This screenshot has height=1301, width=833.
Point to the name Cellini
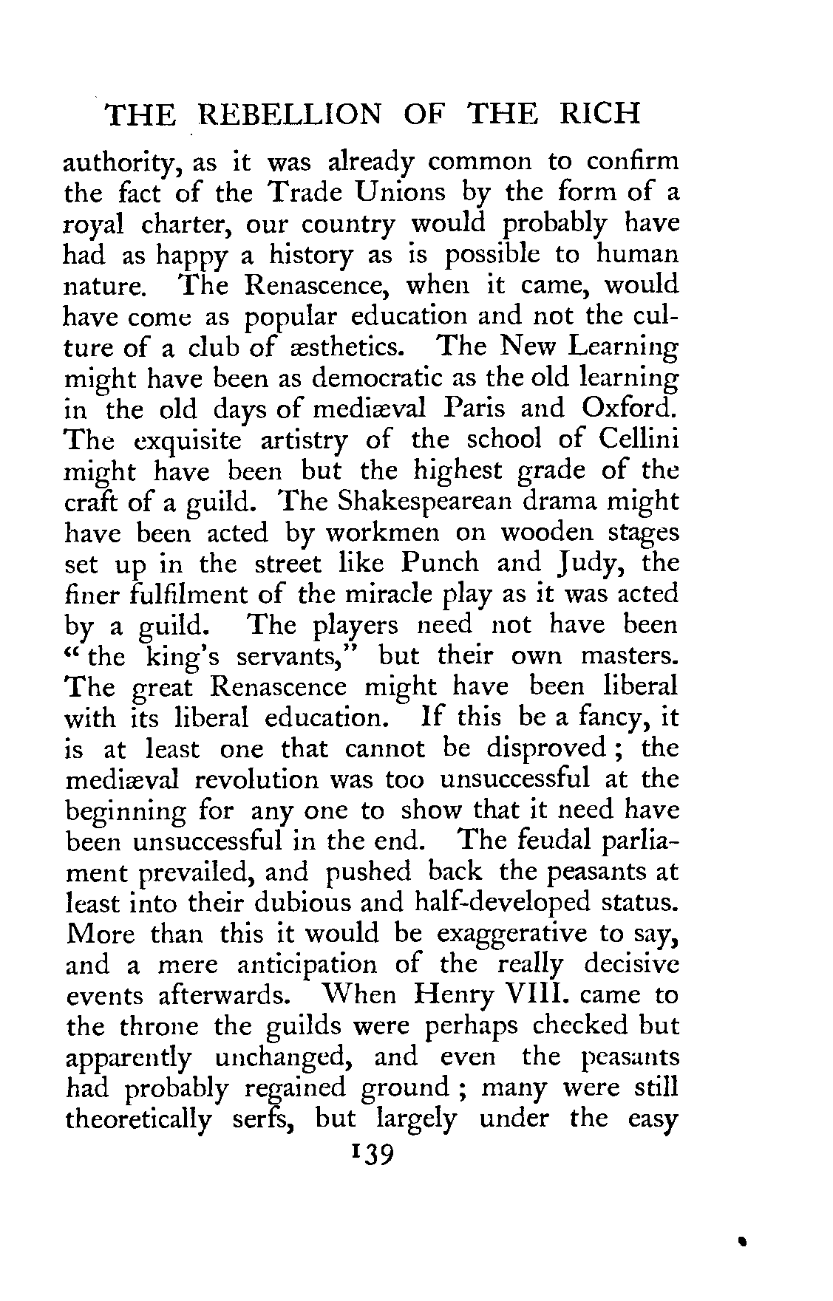click(x=639, y=440)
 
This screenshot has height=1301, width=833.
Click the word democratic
click(x=388, y=378)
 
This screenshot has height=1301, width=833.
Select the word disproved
click(x=545, y=750)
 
